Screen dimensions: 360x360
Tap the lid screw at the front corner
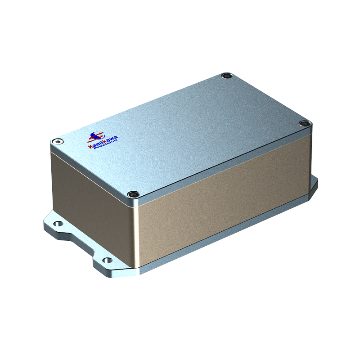point(132,194)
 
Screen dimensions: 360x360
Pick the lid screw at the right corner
point(304,124)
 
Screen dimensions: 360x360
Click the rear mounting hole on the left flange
point(57,223)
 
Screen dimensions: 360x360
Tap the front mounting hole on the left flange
point(106,260)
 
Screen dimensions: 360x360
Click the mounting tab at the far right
point(313,184)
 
